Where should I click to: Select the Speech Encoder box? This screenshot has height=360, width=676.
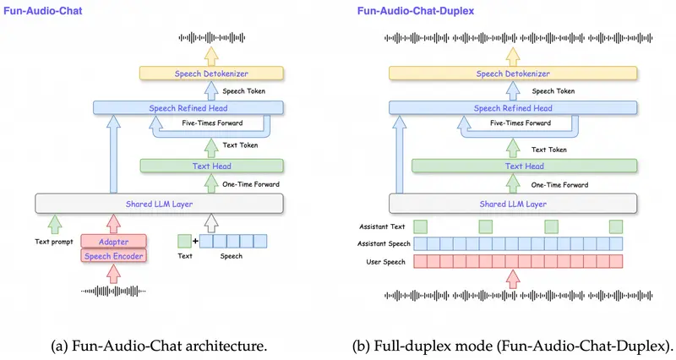[x=112, y=256]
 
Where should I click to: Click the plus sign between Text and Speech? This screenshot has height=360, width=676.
[x=195, y=242]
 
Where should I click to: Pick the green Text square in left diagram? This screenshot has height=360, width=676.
[x=184, y=242]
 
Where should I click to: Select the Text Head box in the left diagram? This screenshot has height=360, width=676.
[x=204, y=166]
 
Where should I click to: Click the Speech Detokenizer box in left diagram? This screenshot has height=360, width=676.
[x=212, y=74]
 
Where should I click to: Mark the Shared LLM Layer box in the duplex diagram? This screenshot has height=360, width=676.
[x=514, y=203]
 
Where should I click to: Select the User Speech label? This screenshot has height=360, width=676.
[x=384, y=262]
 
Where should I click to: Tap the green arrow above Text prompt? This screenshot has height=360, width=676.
[x=55, y=224]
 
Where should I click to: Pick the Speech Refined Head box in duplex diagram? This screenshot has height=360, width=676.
[x=512, y=108]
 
